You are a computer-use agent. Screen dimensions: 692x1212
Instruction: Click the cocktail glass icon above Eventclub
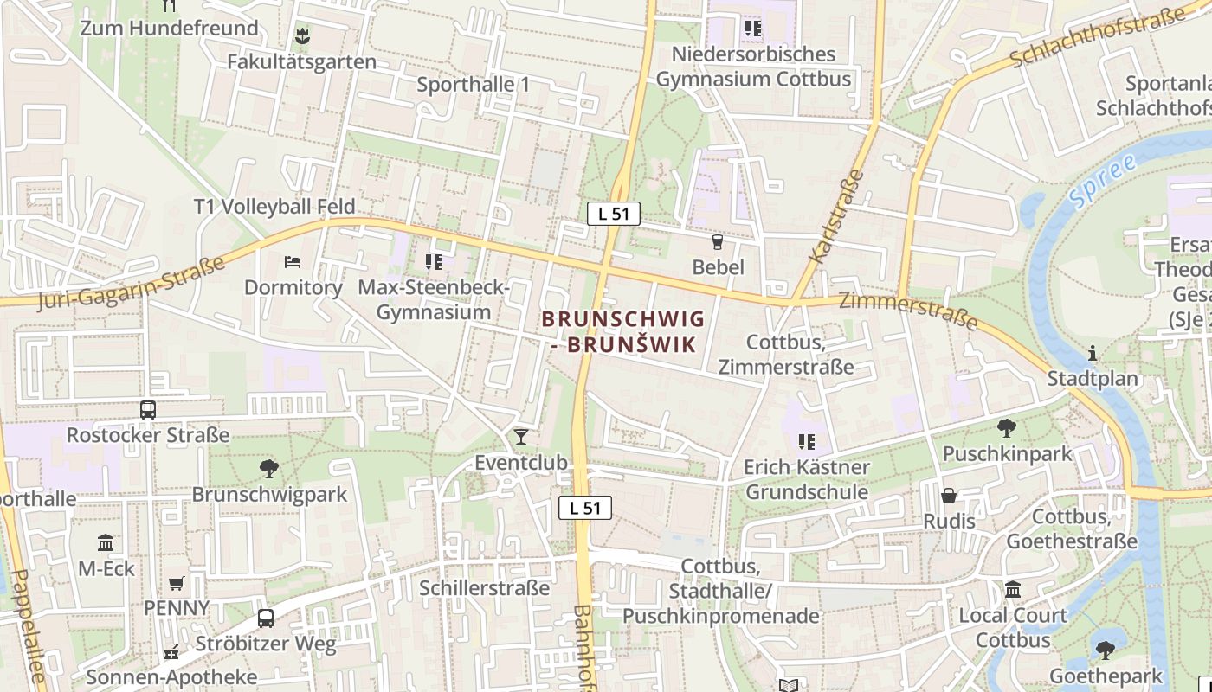[x=520, y=436]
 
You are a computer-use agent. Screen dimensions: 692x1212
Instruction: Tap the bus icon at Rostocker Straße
[x=148, y=409]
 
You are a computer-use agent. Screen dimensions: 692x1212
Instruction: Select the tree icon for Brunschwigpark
[x=269, y=469]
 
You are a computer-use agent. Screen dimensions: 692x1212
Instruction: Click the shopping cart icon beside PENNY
[x=177, y=584]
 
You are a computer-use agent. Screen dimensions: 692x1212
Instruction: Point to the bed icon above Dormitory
[x=293, y=261]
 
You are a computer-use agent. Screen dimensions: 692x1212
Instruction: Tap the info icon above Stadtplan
[x=1093, y=353]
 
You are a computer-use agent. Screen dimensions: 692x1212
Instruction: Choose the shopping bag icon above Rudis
[x=949, y=496]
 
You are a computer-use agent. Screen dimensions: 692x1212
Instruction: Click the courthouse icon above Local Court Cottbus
[x=1013, y=590]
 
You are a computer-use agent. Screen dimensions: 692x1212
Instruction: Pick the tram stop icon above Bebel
[x=717, y=241]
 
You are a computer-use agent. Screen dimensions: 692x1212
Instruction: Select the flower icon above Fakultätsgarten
[x=302, y=36]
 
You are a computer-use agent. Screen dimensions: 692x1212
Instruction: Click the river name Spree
[x=1101, y=182]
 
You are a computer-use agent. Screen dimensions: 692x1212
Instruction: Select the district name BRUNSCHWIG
[x=623, y=319]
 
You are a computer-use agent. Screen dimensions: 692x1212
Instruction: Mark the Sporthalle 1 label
[x=473, y=85]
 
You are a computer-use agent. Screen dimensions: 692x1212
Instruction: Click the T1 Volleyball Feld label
[x=274, y=206]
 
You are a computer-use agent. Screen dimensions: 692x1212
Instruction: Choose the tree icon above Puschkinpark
[x=1006, y=427]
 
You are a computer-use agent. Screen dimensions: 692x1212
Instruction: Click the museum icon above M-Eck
[x=106, y=542]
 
